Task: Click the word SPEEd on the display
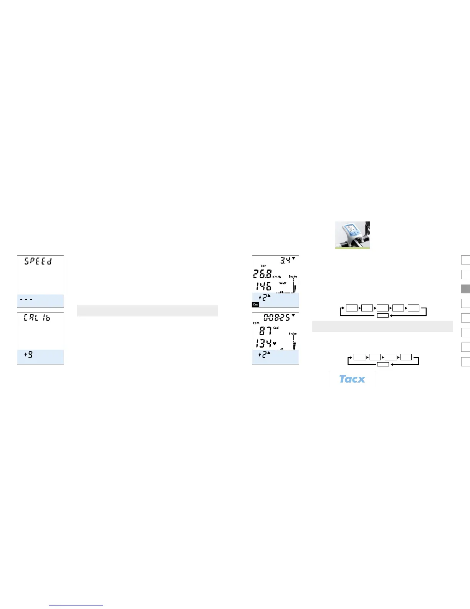pos(38,261)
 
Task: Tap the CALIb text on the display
pos(37,318)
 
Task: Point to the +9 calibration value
pos(29,354)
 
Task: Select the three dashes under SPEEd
pos(26,299)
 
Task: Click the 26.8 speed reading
pos(262,274)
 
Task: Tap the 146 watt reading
pos(263,286)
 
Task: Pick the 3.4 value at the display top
pos(285,261)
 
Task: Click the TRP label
pos(263,266)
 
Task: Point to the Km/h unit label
pos(276,277)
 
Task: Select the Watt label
pos(283,283)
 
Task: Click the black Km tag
pos(255,304)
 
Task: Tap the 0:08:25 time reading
pos(276,318)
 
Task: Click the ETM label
pos(256,323)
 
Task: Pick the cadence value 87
pos(265,331)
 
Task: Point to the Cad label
pos(276,328)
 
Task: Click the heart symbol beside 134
pos(275,343)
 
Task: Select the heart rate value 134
pos(263,343)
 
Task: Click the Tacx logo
pos(352,379)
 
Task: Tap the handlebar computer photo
pos(352,235)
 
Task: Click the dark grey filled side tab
pos(465,289)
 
